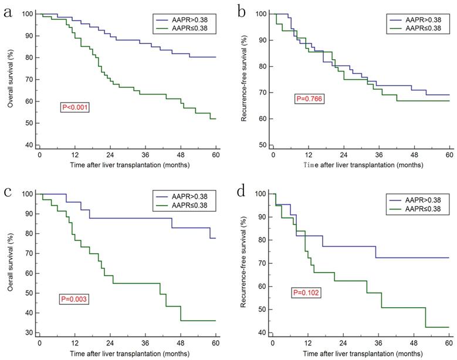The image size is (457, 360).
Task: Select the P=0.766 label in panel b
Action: (309, 100)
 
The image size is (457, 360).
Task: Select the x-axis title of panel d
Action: (361, 354)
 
